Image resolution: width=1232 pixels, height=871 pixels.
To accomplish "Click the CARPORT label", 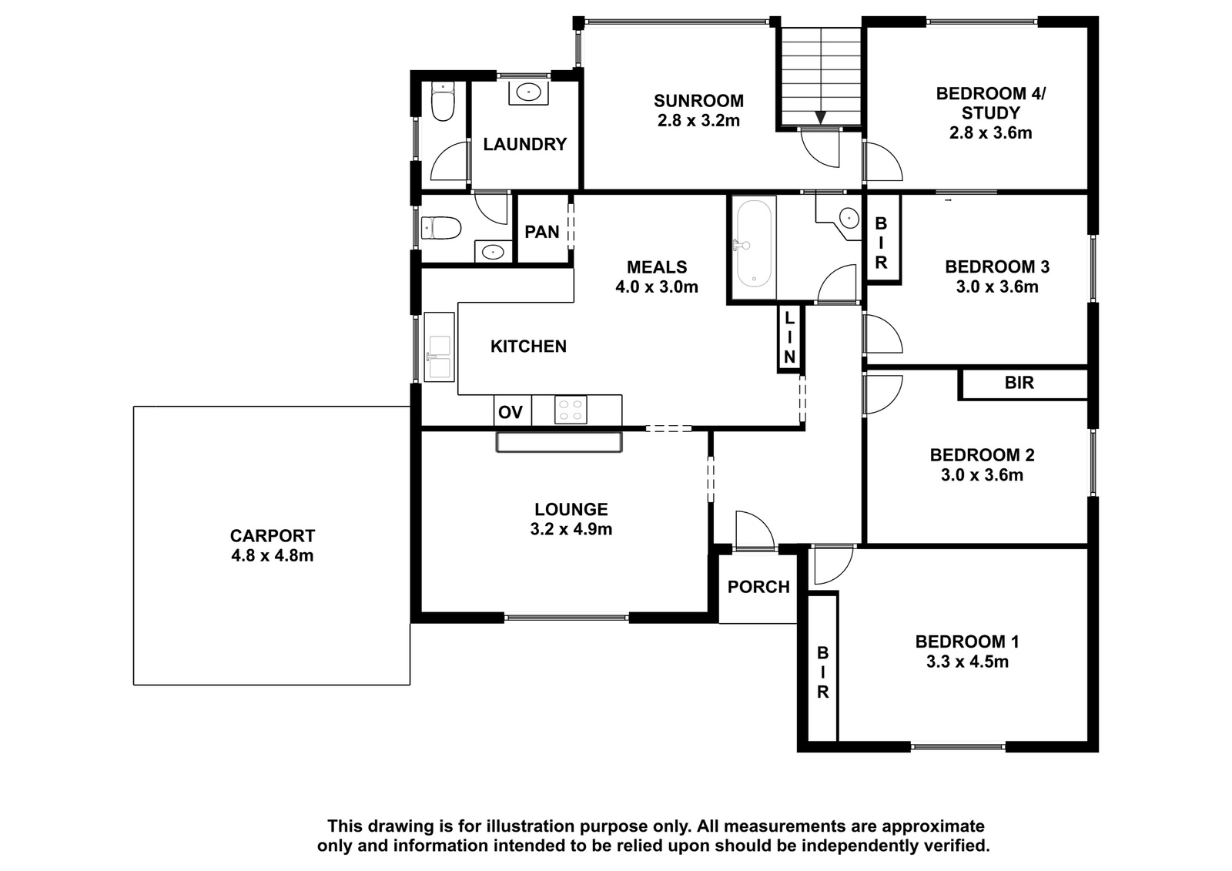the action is [x=273, y=535].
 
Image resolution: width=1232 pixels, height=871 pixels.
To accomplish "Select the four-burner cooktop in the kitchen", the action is [x=571, y=410].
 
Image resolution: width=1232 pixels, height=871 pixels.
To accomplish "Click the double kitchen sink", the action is [x=439, y=347].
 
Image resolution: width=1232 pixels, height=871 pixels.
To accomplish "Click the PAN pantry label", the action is [x=542, y=233].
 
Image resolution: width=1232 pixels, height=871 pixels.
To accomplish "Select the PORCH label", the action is [x=758, y=587].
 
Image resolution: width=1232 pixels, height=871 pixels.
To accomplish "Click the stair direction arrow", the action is [x=821, y=117].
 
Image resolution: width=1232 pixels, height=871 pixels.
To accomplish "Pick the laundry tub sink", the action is [x=528, y=92].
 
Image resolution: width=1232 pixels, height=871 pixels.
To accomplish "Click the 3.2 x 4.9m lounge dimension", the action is [x=571, y=529].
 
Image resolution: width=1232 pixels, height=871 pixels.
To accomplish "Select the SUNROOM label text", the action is [x=698, y=101].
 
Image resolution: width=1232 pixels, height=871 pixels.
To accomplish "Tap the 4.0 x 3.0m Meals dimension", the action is [x=657, y=287].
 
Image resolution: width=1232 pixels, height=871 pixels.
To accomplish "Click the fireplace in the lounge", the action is [x=559, y=442].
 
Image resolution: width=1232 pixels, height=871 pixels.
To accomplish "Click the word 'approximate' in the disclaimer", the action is [x=932, y=826].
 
